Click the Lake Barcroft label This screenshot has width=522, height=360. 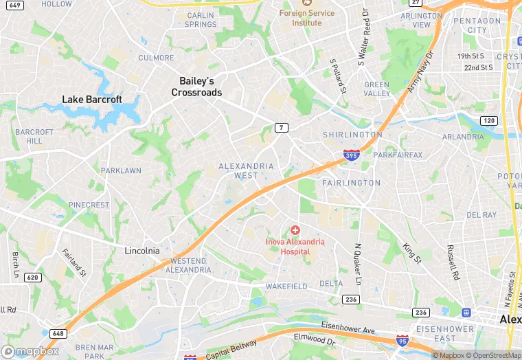click(92, 100)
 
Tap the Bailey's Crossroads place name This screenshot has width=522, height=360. click(196, 87)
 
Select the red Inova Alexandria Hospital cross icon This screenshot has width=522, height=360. click(295, 230)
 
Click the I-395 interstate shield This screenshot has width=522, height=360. click(351, 156)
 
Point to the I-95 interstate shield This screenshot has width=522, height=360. click(402, 341)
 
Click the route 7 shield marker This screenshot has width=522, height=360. click(280, 128)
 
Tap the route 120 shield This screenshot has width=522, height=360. click(488, 121)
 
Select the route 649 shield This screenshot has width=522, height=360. click(14, 5)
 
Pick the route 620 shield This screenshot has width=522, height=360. click(32, 278)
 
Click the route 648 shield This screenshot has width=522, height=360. click(58, 333)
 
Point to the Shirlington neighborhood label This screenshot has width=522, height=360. click(352, 135)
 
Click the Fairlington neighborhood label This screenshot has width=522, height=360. click(350, 183)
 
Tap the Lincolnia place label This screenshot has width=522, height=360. click(142, 251)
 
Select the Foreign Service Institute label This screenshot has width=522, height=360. click(307, 18)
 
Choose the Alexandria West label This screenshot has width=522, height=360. click(246, 170)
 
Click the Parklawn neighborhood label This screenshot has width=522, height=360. click(121, 170)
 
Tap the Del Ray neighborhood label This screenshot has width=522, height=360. click(481, 215)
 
